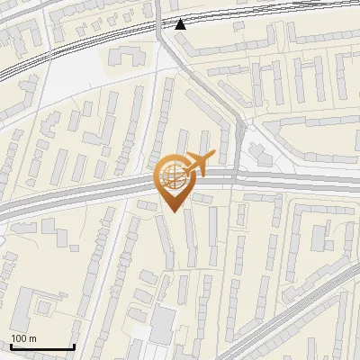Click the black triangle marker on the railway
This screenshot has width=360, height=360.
tap(182, 24)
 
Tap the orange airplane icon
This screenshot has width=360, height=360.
tap(197, 163)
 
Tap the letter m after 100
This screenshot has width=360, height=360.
tap(33, 338)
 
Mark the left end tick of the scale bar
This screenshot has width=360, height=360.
tap(11, 346)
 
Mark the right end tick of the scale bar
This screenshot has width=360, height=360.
tap(74, 346)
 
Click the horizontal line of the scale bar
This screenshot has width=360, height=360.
tap(42, 348)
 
